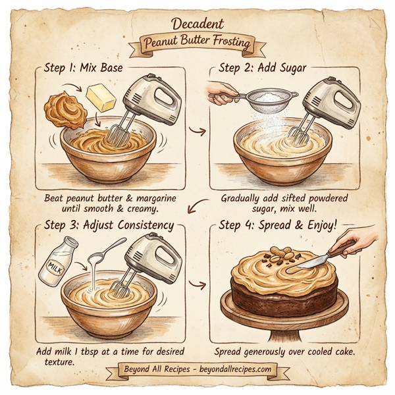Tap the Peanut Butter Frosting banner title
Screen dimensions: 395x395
(197, 44)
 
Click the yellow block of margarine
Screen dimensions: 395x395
(100, 98)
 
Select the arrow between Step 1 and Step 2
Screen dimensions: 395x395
(196, 130)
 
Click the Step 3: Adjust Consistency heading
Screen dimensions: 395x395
(108, 225)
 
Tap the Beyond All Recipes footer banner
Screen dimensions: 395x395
(197, 369)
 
